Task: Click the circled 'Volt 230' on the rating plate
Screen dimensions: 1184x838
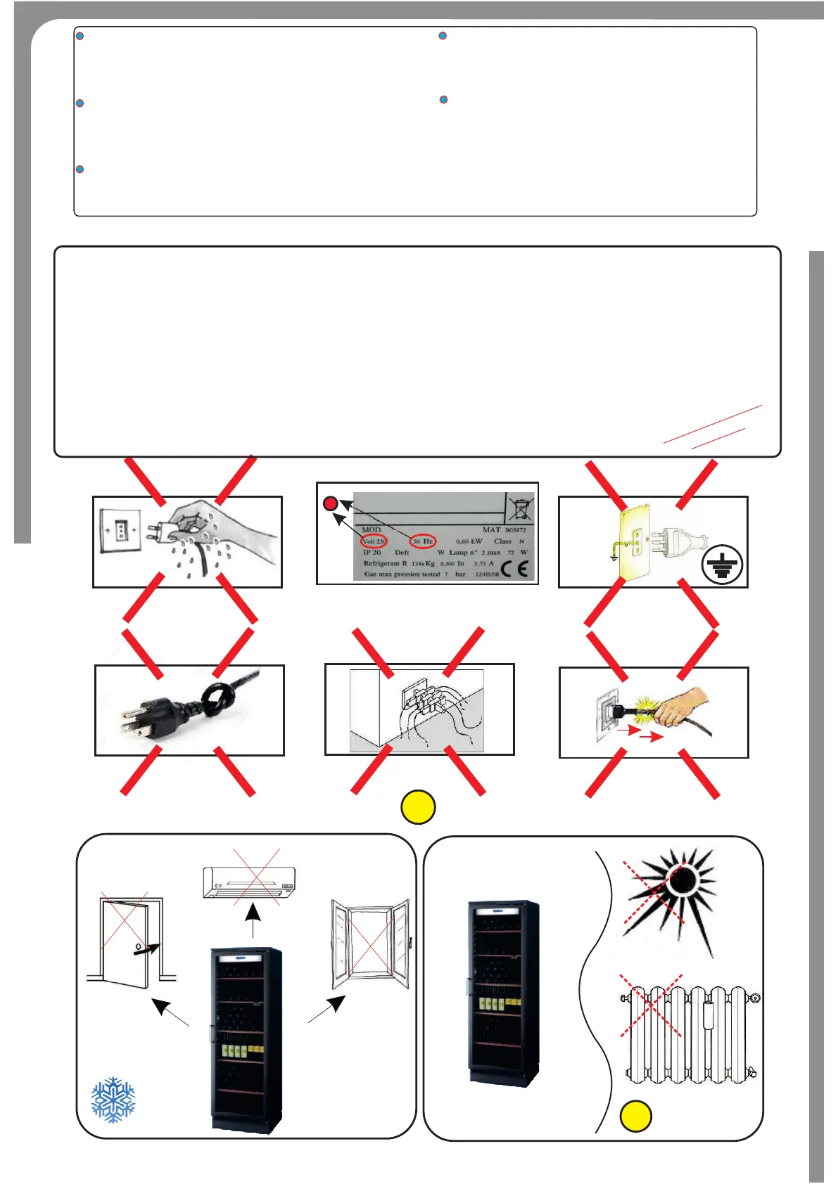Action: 374,541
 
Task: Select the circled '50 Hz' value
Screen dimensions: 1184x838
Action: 424,541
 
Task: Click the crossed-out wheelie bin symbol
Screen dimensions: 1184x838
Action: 521,508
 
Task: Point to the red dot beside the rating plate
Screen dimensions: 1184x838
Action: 330,503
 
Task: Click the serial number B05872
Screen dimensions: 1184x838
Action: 515,530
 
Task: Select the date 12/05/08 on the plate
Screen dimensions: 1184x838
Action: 487,574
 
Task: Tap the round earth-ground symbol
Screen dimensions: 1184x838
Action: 722,565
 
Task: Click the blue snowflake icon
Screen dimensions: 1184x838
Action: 113,1100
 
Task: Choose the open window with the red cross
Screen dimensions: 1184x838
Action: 370,942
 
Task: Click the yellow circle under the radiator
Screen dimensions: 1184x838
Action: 635,1116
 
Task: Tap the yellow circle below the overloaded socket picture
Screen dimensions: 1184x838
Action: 418,807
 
